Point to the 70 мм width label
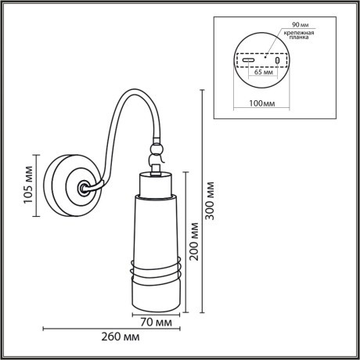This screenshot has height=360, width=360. pyautogui.click(x=157, y=322)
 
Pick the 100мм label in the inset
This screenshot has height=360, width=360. pyautogui.click(x=261, y=103)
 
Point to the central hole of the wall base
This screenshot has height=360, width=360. pyautogui.click(x=82, y=188)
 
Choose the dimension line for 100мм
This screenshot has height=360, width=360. pyautogui.click(x=261, y=95)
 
